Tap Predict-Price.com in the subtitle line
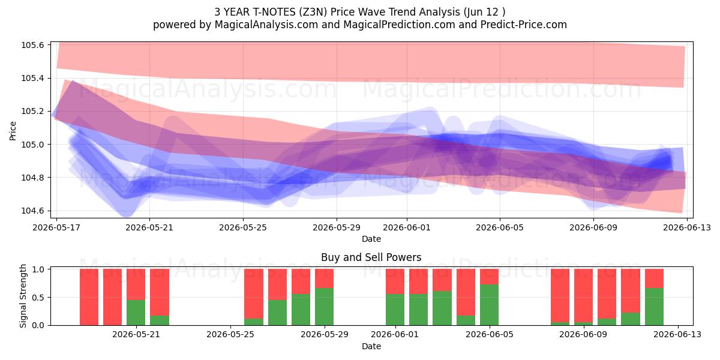coord(524,25)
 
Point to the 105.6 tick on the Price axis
coord(33,45)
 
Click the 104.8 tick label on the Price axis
coord(33,178)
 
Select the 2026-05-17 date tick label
coord(56,227)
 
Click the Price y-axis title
coord(13,131)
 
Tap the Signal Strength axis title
coord(23,296)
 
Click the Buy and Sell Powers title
coord(371,257)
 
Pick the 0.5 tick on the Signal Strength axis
coord(38,298)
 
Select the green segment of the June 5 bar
coord(489,305)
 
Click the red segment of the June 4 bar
coord(466,292)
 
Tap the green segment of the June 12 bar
coord(654,307)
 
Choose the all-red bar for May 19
coord(89,297)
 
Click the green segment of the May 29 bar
coord(325,307)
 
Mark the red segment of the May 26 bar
coord(254,293)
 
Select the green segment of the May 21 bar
coord(136,313)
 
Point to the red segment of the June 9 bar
coord(583,295)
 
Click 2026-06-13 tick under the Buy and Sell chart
coord(678,334)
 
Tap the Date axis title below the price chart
coord(371,239)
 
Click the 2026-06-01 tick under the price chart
coord(407,227)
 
